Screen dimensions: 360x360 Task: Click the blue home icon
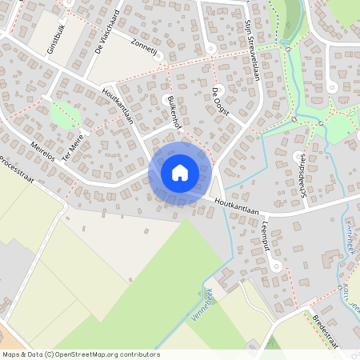coord(180,172)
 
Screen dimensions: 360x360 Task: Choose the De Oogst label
coord(221,102)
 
